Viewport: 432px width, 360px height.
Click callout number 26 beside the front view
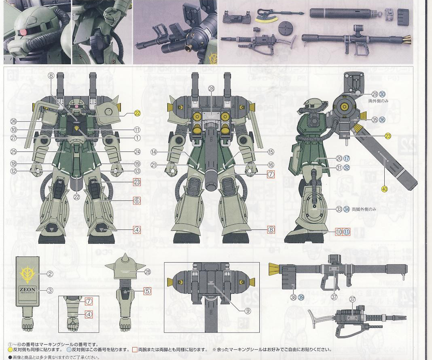pos(14,121)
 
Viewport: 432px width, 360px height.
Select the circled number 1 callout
pos(137,138)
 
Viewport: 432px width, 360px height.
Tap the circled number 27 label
pos(14,138)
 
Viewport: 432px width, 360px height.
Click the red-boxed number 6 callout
pos(137,200)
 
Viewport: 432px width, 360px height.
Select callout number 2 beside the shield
pos(50,274)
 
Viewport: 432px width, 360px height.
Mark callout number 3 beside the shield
pos(50,290)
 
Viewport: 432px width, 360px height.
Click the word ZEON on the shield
pos(28,289)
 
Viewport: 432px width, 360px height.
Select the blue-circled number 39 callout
pos(301,297)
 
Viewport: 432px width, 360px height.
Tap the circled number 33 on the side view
pos(339,209)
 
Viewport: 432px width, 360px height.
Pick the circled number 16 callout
pos(271,165)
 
